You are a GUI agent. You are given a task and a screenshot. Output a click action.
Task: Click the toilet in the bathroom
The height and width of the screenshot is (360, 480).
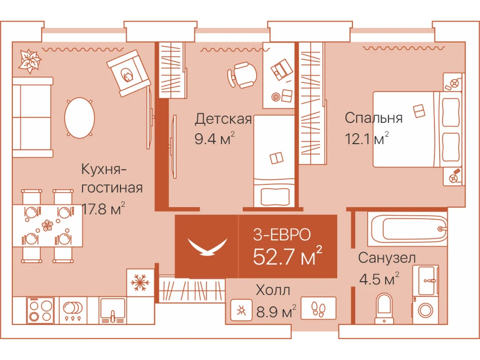tap(384, 308)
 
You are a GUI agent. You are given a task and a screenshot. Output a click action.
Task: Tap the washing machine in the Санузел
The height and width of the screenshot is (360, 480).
tap(425, 310)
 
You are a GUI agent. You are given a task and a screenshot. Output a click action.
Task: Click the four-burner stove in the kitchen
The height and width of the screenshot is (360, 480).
tap(40, 311)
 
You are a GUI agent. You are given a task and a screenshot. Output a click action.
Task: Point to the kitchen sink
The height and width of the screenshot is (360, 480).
tap(113, 311)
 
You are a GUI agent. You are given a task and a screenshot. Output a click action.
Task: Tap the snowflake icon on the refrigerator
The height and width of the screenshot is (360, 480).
tap(140, 282)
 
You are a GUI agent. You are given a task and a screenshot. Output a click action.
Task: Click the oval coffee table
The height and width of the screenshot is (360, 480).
tap(79, 118)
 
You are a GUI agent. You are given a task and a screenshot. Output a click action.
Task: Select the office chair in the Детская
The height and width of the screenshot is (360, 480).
tap(242, 75)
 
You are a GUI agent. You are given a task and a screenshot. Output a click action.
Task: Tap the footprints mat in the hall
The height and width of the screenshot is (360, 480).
tap(318, 309)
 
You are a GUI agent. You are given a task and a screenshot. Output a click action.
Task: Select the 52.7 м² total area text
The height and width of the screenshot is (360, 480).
tap(288, 256)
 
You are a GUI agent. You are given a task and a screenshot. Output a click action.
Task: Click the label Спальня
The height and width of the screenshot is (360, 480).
tap(373, 118)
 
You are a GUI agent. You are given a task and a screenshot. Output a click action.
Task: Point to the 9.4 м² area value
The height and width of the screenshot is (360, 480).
tap(215, 139)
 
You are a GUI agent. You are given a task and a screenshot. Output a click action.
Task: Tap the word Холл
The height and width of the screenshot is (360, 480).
tap(273, 289)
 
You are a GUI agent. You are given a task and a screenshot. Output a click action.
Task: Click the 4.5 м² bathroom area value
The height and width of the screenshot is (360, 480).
tap(379, 279)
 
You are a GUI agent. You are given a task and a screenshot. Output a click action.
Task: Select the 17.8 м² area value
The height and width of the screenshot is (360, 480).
tap(103, 209)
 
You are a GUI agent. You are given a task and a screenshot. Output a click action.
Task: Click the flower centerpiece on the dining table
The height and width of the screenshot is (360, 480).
tap(47, 225)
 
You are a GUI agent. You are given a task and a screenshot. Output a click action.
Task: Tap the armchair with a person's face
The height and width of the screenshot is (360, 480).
tap(129, 73)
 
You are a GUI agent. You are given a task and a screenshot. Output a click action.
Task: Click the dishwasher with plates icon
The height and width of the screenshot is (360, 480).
tap(73, 311)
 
